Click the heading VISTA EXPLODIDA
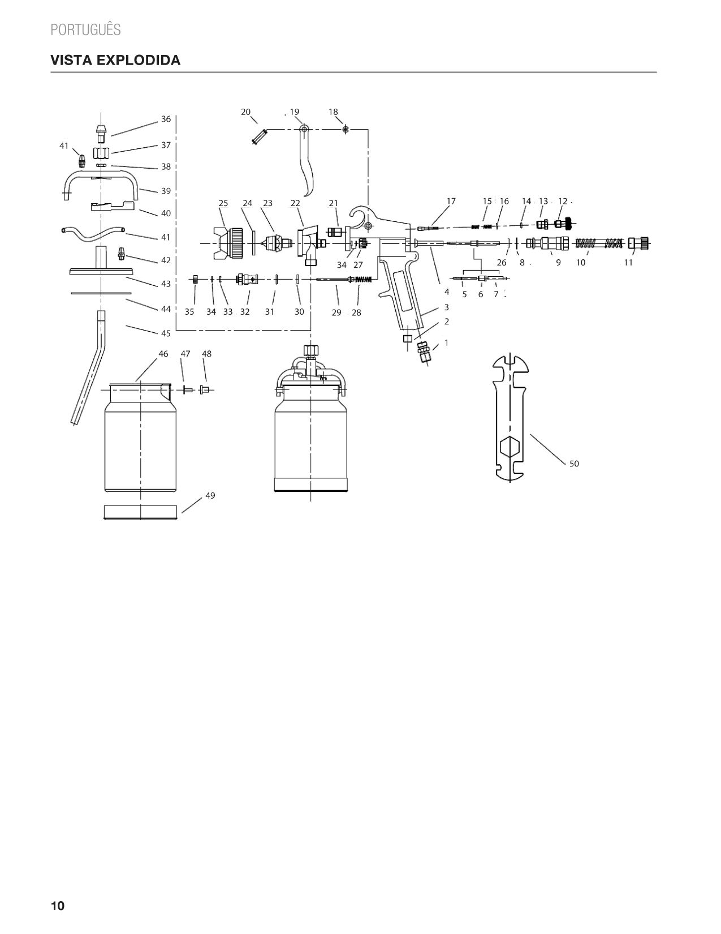click(115, 60)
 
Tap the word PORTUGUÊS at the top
click(85, 29)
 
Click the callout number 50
click(574, 464)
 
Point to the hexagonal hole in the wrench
click(510, 447)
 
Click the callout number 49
click(210, 495)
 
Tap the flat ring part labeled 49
click(140, 512)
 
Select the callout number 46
click(163, 354)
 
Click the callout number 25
click(223, 203)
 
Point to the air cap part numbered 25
click(229, 244)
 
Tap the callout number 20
click(245, 112)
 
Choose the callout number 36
click(166, 119)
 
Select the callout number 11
click(628, 262)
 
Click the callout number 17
click(451, 201)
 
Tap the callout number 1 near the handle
click(447, 342)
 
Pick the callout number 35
click(189, 312)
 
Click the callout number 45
click(166, 333)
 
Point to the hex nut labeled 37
click(101, 153)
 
